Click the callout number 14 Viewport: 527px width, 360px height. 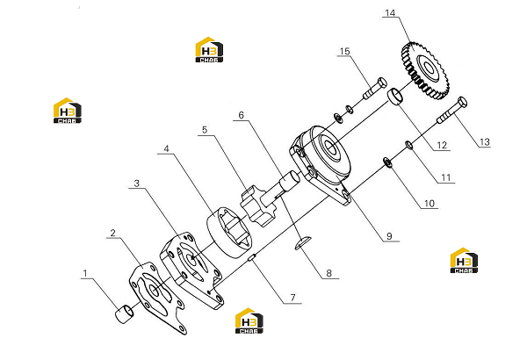coord(390,13)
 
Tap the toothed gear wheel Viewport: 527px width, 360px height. coord(425,70)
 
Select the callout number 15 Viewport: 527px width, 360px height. coord(345,51)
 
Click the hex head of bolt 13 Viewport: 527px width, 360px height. coord(462,102)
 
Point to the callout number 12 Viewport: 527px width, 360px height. coord(442,145)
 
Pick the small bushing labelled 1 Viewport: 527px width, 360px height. coord(125,313)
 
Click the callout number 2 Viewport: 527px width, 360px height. coord(112,233)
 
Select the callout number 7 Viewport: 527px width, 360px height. coord(292,298)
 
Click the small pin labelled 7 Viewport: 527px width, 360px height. coord(253,258)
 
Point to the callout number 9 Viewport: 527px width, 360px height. coord(389,236)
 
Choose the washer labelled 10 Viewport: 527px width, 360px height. coord(388,162)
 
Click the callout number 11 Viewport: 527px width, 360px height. coord(445,177)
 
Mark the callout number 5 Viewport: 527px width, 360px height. coord(205,129)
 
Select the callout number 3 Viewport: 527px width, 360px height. coord(136,184)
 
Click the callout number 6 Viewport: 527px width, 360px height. coord(241,115)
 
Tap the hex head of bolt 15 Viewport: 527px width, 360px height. coord(382,83)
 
